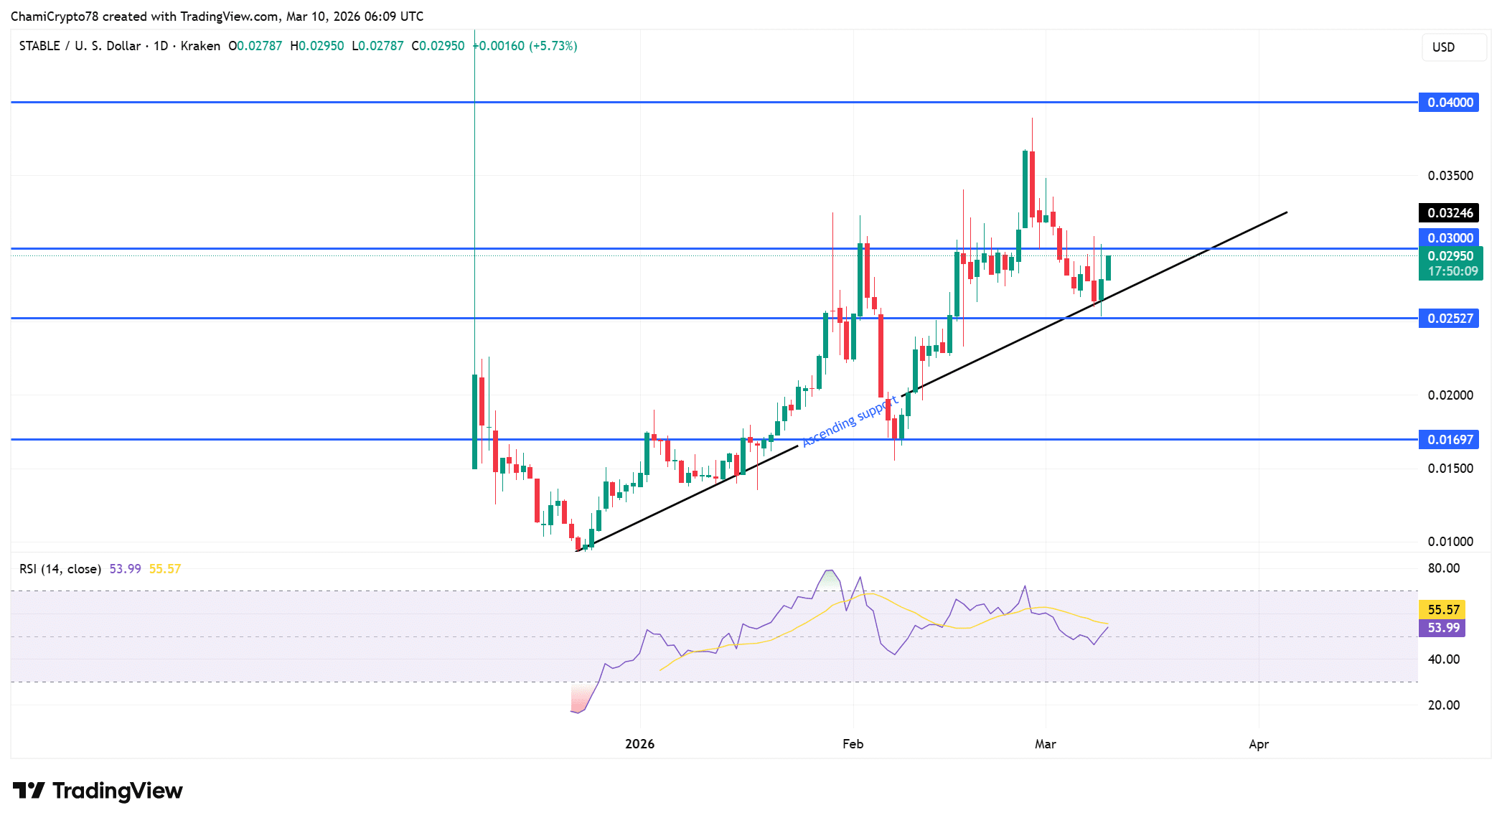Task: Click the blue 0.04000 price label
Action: point(1449,103)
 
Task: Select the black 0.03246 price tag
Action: point(1449,213)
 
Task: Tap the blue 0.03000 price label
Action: point(1449,238)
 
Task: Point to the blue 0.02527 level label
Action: point(1449,319)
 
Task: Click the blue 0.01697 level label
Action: point(1449,440)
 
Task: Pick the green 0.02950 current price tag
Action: point(1450,257)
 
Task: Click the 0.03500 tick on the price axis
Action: point(1450,176)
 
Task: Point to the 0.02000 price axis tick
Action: point(1450,395)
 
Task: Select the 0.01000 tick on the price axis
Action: point(1450,542)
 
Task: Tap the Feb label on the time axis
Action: point(853,744)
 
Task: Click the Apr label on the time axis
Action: point(1258,744)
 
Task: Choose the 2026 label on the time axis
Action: point(639,744)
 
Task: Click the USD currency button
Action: point(1443,47)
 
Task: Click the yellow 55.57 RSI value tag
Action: point(1442,610)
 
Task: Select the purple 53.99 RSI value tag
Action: point(1442,628)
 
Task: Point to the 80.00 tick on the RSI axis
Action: point(1443,568)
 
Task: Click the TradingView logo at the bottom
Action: point(98,791)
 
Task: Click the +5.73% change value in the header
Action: point(553,46)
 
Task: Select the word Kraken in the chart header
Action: point(200,46)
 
